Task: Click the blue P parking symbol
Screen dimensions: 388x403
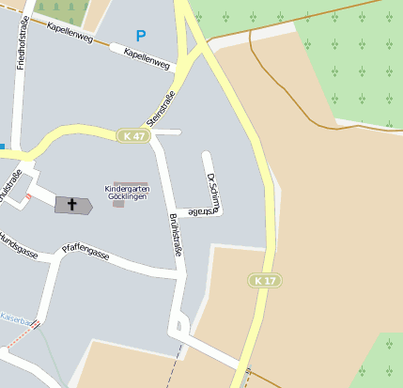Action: [x=141, y=36]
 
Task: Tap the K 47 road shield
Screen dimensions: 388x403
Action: [x=134, y=136]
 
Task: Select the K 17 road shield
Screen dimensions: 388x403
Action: [x=266, y=280]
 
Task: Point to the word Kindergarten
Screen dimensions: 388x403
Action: [x=132, y=189]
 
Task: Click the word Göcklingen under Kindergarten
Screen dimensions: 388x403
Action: [x=132, y=198]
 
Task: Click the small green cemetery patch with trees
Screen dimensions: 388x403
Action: [x=62, y=9]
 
